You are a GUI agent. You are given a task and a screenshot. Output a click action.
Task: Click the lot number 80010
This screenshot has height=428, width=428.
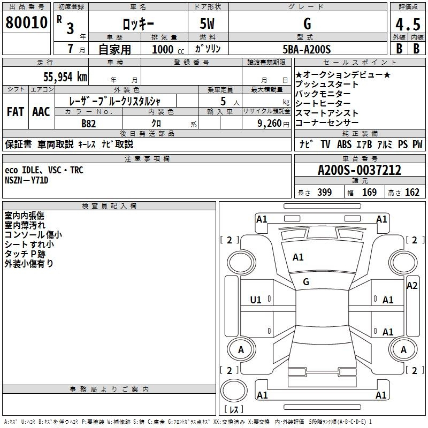(x=26, y=22)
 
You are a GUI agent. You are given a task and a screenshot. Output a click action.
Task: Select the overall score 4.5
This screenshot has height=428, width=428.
(x=408, y=24)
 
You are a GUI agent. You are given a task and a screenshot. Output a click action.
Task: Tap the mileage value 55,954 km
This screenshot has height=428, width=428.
(x=65, y=77)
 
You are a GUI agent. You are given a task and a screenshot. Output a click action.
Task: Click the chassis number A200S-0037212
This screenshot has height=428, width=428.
(x=360, y=170)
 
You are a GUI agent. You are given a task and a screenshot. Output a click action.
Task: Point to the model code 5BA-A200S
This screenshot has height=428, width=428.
(x=307, y=49)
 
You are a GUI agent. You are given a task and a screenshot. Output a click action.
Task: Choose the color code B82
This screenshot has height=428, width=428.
(x=89, y=124)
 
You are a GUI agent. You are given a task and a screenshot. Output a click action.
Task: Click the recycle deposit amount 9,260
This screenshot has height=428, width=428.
(x=270, y=124)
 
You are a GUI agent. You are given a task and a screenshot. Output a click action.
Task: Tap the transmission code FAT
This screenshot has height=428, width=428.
(x=16, y=112)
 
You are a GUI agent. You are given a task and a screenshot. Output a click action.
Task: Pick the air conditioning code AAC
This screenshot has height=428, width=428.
(x=41, y=112)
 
